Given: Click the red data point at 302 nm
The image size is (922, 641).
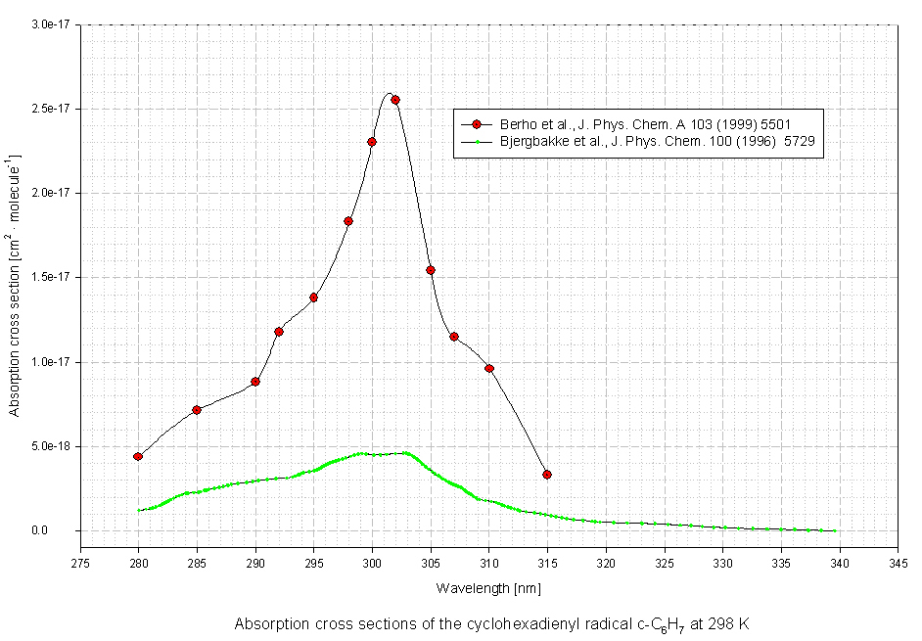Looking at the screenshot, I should click(x=395, y=100).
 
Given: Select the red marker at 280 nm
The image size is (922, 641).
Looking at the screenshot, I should click(x=138, y=457).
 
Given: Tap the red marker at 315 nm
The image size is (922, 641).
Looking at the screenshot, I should click(x=547, y=475).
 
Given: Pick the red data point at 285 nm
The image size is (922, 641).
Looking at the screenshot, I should click(x=197, y=410).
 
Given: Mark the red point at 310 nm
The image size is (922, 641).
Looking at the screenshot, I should click(x=489, y=368).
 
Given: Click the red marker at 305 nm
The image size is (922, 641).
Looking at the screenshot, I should click(x=431, y=270).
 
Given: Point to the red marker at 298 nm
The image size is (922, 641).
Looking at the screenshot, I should click(x=348, y=221).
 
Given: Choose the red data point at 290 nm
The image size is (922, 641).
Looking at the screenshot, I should click(x=255, y=382).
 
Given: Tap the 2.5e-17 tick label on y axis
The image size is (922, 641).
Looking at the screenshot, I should click(x=50, y=109).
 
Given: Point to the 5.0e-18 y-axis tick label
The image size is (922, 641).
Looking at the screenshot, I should click(x=50, y=446).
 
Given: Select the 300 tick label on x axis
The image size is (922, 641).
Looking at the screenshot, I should click(x=372, y=563).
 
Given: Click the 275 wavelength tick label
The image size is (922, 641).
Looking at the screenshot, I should click(x=80, y=563).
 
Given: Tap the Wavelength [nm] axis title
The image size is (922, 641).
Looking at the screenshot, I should click(x=488, y=588).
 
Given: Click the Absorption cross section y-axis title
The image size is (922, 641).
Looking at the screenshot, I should click(x=15, y=284).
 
